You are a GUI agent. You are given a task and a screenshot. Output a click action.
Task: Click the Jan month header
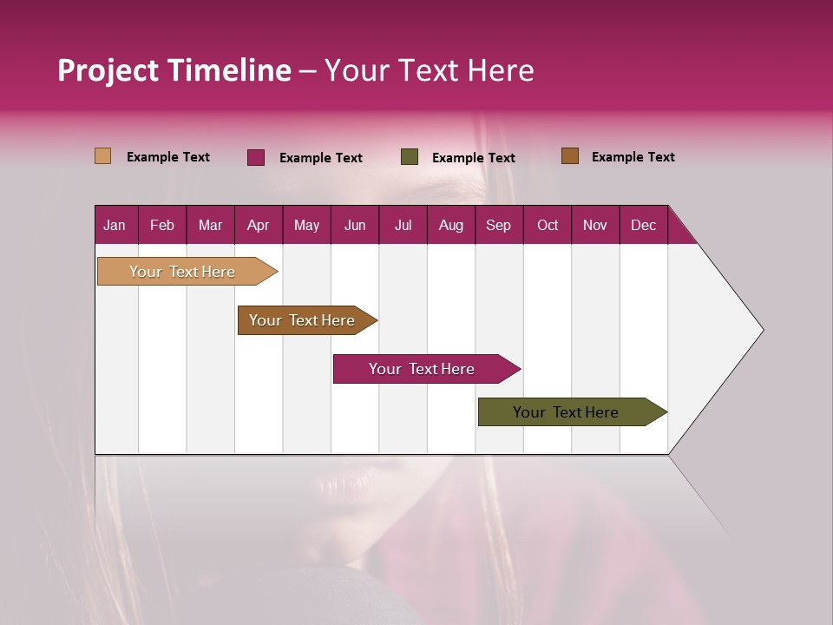(x=115, y=225)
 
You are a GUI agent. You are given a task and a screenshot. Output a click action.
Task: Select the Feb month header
(x=162, y=225)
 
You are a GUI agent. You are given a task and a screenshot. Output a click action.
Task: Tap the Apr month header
(x=258, y=225)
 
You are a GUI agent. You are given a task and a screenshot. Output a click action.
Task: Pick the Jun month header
(x=355, y=225)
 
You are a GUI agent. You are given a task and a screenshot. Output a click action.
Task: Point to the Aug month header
(x=450, y=225)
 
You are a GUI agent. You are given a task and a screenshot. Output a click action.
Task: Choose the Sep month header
(x=498, y=225)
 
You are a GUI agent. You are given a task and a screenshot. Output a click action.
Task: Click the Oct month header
(x=548, y=225)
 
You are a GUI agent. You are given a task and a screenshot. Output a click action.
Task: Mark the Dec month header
(x=643, y=225)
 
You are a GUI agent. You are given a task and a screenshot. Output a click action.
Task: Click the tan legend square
(x=103, y=156)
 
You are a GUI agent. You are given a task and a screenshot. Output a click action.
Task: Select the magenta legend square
(x=256, y=157)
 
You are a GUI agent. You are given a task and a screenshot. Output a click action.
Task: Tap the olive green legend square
(x=410, y=157)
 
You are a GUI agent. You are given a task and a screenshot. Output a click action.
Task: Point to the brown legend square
(x=570, y=156)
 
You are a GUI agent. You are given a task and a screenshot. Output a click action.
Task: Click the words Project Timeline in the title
(x=174, y=70)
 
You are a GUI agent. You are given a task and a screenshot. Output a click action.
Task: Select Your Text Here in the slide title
(x=429, y=70)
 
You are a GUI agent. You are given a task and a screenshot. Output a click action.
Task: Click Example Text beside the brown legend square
(x=633, y=157)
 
